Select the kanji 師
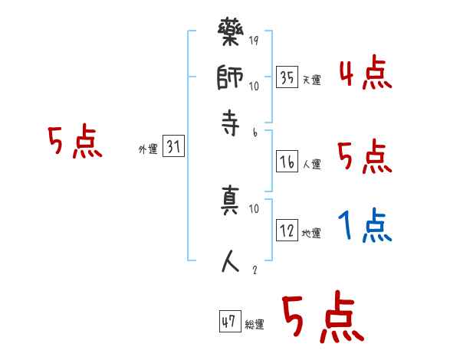[x=232, y=78]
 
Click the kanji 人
[x=232, y=261]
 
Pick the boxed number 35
[x=287, y=77]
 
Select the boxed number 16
[x=287, y=162]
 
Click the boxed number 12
[x=287, y=231]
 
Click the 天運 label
[x=311, y=80]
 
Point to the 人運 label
[x=311, y=164]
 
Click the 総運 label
[x=255, y=324]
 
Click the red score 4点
[x=364, y=74]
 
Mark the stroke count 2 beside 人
[x=254, y=270]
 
